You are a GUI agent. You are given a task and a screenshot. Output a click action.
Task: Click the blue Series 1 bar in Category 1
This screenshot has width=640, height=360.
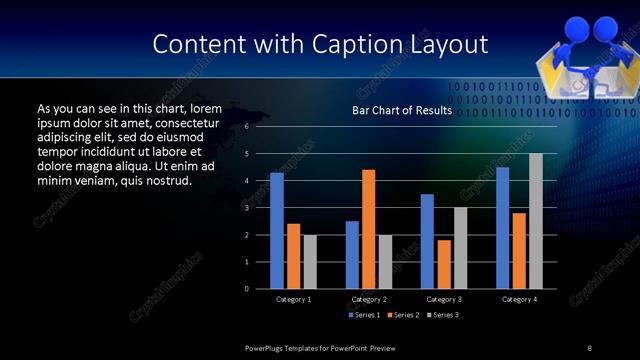(x=277, y=231)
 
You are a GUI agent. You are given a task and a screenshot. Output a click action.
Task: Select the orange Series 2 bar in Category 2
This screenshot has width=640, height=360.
(x=368, y=229)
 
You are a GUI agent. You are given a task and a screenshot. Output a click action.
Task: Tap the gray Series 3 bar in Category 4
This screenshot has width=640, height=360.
(x=536, y=221)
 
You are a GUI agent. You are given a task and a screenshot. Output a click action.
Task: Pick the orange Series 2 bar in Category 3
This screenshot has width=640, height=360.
(x=444, y=264)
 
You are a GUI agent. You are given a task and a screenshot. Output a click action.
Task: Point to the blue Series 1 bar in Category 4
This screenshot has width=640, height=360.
(x=502, y=228)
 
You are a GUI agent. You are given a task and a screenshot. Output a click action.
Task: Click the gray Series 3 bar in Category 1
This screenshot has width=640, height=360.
(x=310, y=262)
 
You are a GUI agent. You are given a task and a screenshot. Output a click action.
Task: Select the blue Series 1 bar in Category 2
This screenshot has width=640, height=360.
(x=352, y=255)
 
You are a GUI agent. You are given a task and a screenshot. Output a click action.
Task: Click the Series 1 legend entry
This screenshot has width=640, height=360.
(x=365, y=315)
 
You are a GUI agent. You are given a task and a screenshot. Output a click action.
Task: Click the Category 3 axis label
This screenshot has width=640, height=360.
(x=443, y=299)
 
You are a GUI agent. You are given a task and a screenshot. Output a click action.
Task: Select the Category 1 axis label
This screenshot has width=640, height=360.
(x=293, y=299)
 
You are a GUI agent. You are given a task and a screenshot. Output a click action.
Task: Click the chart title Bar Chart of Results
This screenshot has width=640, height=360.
(x=402, y=111)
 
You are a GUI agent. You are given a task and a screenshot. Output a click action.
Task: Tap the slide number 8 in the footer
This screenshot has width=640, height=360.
(x=589, y=347)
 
